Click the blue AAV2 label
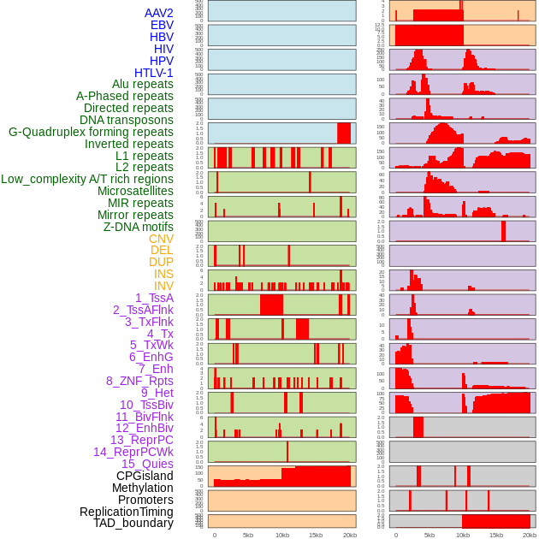158,13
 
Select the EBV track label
161,25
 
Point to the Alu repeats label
142,84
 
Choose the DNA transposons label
126,120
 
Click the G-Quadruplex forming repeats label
91,132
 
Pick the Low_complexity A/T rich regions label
86,179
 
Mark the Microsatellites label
135,191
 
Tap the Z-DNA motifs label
138,227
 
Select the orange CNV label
161,239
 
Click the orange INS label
163,274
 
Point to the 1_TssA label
154,298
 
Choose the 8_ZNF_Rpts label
139,381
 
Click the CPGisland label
145,476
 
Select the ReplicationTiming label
126,512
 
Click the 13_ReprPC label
141,440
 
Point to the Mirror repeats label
134,215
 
